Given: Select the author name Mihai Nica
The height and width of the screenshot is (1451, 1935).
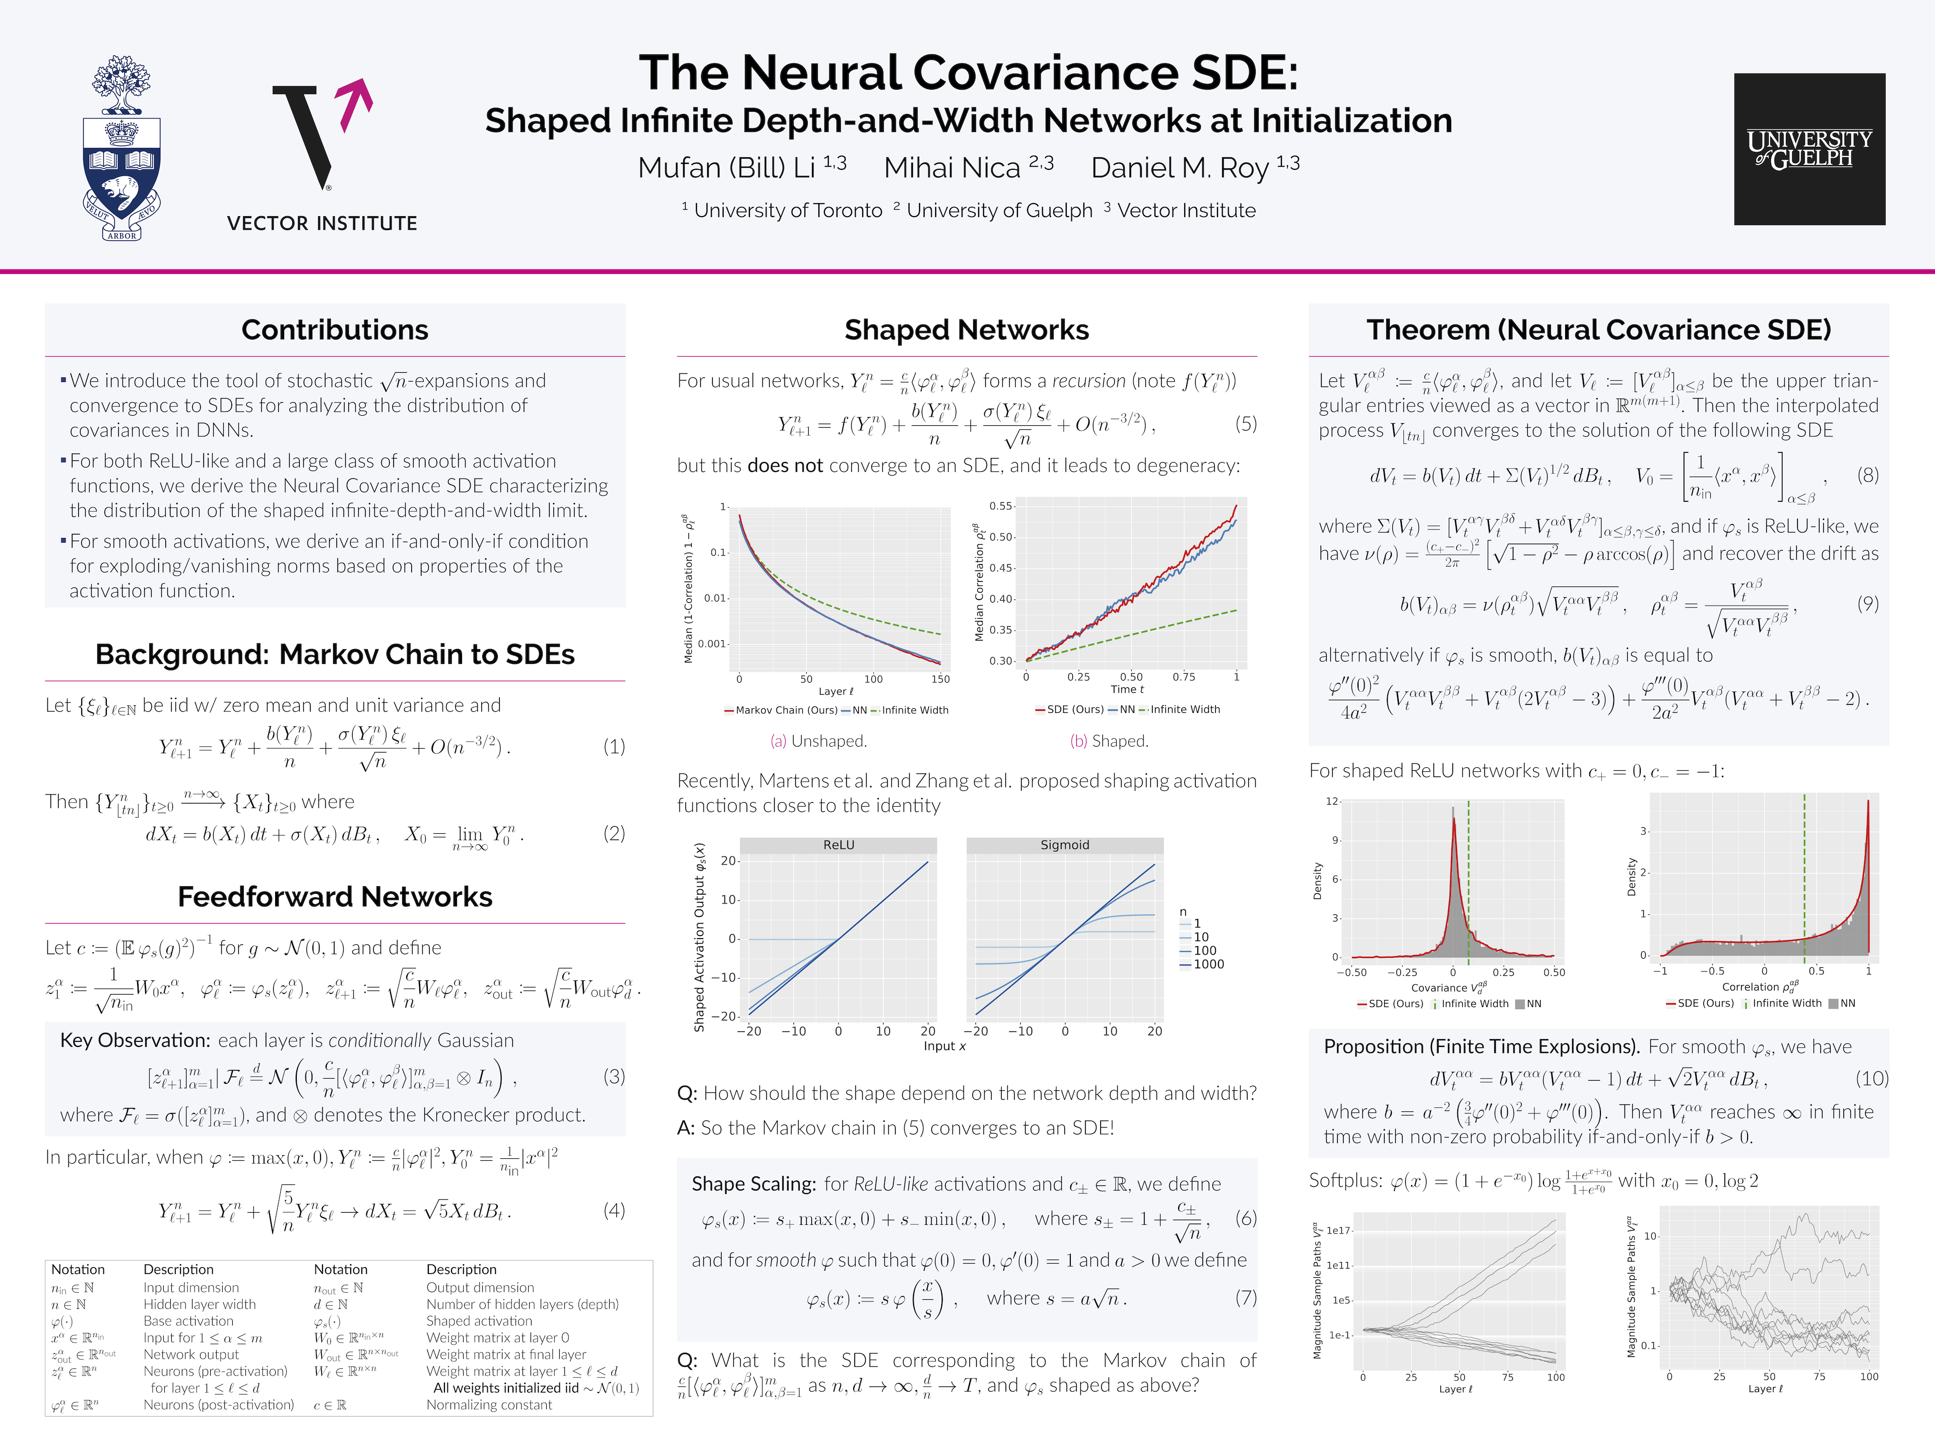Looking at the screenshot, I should (952, 168).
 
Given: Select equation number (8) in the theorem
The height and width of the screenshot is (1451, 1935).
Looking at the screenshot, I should (1867, 475).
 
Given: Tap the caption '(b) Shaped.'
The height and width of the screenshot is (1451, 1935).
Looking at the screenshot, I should (1109, 741).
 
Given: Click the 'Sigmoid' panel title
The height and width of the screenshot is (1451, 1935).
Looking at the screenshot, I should (1065, 845).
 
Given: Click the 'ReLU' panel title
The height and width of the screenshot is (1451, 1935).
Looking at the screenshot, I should (838, 845).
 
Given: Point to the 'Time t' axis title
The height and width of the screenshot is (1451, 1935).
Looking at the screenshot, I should (1127, 689).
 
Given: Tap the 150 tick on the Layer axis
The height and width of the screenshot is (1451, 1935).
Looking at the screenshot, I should (940, 679).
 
